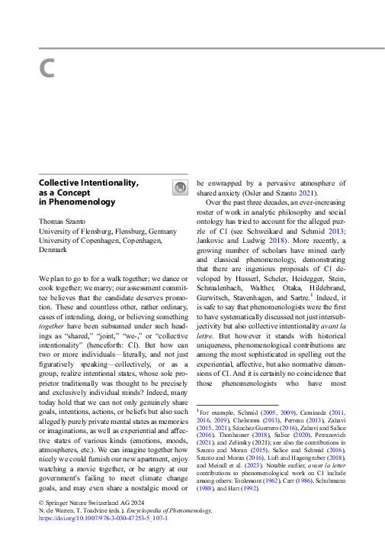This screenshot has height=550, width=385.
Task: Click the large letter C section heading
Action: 47,69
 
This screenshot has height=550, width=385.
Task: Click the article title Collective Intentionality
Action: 88,183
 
